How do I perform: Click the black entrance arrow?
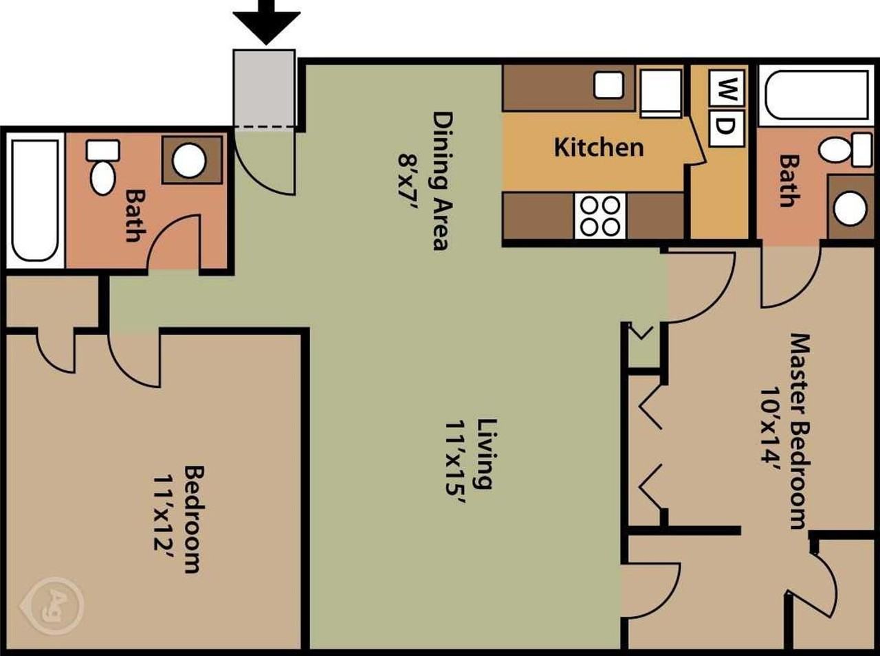[266, 23]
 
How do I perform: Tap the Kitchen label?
[599, 147]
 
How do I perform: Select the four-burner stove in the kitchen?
[600, 216]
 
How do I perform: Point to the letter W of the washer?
[727, 88]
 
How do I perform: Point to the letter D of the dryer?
[727, 126]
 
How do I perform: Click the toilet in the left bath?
[103, 168]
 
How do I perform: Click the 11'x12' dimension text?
[163, 519]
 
